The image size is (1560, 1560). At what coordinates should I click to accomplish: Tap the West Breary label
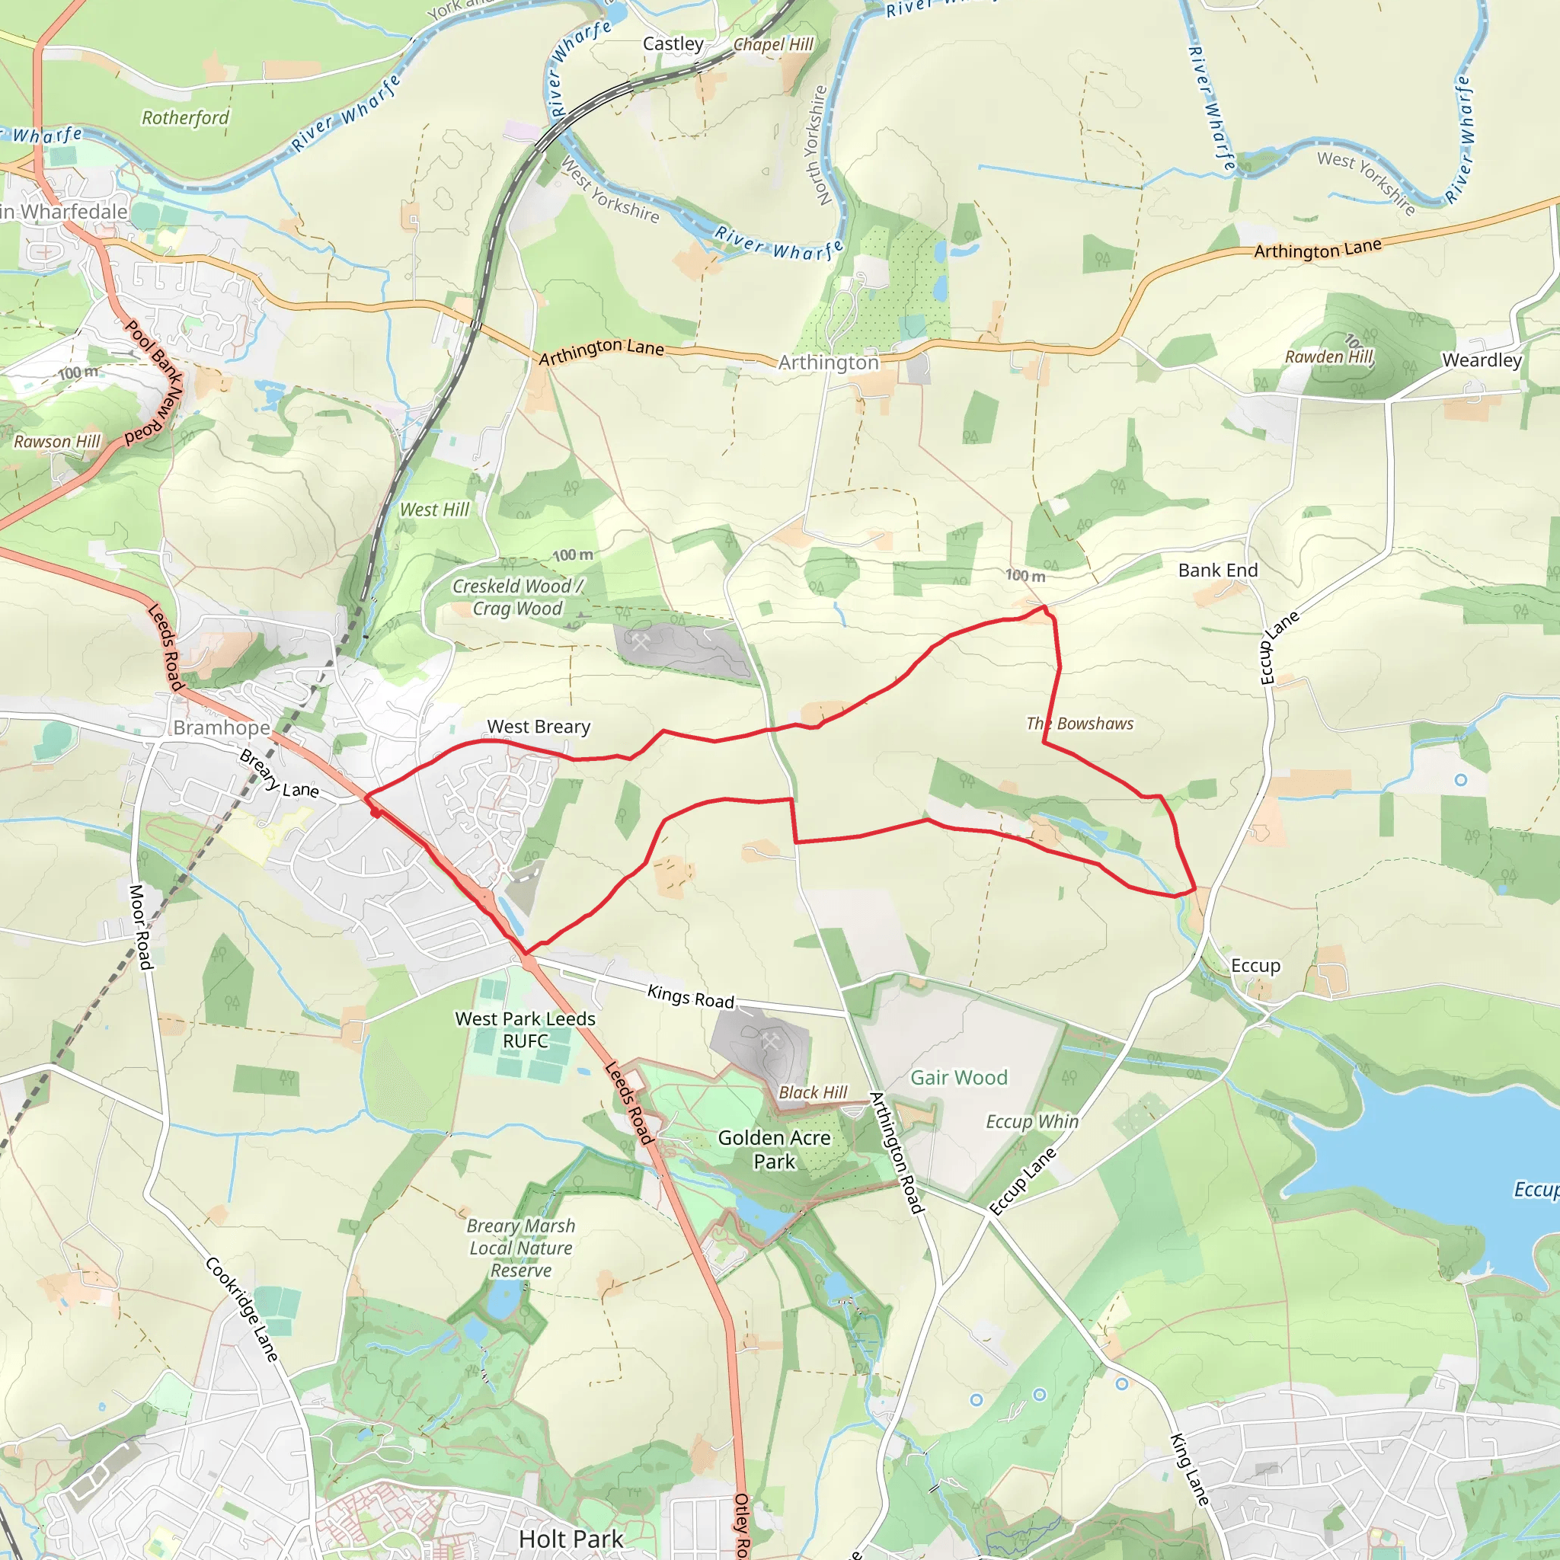click(x=539, y=727)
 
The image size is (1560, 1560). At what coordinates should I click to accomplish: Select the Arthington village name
click(x=828, y=363)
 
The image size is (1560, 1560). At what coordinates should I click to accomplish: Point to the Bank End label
click(x=1218, y=570)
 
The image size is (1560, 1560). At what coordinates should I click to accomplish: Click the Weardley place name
click(x=1482, y=360)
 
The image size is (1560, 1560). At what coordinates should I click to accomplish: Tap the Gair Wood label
click(x=958, y=1077)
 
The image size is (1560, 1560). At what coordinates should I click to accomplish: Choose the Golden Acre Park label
click(x=774, y=1149)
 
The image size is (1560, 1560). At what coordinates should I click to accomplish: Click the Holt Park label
click(x=571, y=1539)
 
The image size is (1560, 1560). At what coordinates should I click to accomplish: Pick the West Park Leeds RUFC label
click(x=525, y=1030)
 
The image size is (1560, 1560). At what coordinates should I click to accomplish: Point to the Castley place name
click(x=673, y=43)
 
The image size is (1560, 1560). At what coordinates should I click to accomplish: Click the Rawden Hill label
click(x=1328, y=356)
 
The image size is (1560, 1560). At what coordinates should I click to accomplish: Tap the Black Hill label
click(x=812, y=1092)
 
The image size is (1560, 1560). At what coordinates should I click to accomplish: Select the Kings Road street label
click(x=690, y=996)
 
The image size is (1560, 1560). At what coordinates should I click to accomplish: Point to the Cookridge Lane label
click(x=241, y=1308)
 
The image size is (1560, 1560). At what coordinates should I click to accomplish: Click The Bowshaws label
click(x=1079, y=724)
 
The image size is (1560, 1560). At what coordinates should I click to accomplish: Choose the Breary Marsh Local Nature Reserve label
click(x=521, y=1248)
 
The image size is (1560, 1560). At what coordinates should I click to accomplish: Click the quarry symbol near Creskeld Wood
click(x=641, y=643)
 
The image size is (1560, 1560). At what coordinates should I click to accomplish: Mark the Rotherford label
click(x=185, y=118)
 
